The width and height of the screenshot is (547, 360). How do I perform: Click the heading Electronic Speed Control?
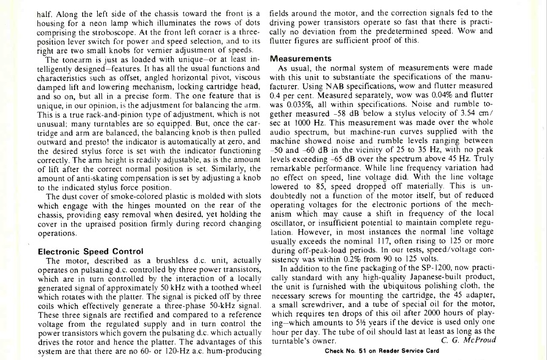pos(90,251)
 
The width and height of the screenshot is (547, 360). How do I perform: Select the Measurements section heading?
pos(301,59)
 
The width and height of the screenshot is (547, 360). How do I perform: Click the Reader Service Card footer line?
pos(382,351)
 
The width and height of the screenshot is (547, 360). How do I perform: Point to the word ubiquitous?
pos(398,286)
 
